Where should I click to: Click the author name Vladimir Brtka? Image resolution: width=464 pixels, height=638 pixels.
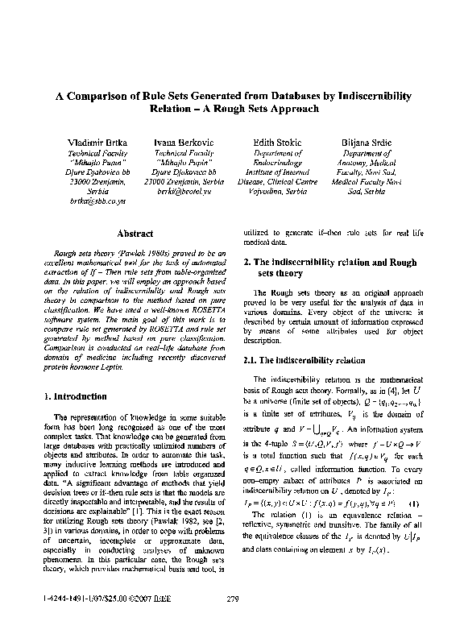97,142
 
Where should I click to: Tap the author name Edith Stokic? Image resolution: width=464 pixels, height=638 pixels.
276,142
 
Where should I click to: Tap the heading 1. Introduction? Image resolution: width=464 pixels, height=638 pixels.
76,396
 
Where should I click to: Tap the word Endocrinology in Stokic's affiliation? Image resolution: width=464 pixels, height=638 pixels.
276,162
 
